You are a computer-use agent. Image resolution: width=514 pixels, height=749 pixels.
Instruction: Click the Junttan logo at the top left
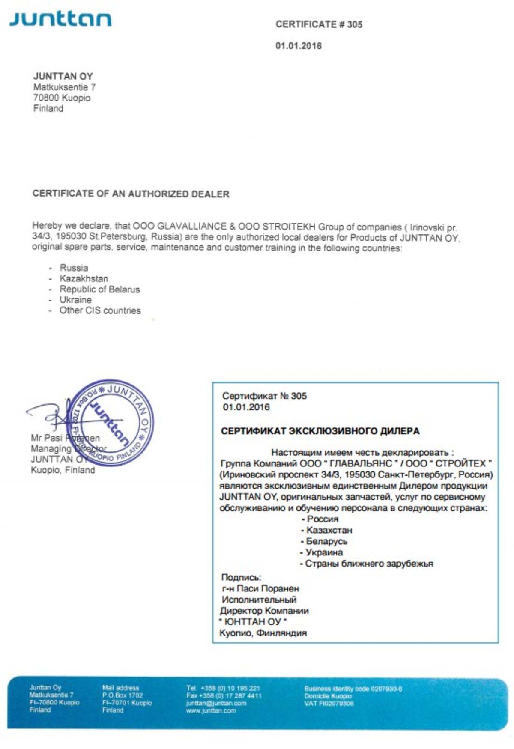tap(60, 19)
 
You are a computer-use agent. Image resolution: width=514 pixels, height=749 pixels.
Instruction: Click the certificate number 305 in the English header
tap(355, 24)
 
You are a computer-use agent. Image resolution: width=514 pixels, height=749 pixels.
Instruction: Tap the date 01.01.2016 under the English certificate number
tap(298, 46)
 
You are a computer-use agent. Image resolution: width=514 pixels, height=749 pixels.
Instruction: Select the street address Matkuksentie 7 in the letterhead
tap(64, 87)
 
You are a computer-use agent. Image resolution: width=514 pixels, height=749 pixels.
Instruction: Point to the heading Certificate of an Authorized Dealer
tap(131, 194)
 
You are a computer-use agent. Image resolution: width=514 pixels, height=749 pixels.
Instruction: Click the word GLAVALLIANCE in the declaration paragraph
tap(191, 226)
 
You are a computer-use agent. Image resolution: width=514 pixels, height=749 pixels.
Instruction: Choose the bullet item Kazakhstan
tap(84, 278)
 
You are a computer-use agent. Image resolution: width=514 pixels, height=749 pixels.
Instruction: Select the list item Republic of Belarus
tap(99, 289)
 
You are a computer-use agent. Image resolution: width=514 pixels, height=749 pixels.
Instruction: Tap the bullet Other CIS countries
tap(100, 310)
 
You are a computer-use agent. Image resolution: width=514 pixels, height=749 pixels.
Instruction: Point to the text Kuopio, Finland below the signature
tap(63, 470)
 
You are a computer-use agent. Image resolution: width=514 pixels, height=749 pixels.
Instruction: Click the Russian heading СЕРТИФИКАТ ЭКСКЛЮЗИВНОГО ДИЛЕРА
tap(320, 431)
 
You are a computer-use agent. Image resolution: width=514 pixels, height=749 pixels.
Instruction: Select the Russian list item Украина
tap(324, 552)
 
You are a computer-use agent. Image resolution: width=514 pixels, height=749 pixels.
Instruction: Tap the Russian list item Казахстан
tap(329, 530)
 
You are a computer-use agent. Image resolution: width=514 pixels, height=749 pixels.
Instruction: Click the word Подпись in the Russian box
tap(241, 577)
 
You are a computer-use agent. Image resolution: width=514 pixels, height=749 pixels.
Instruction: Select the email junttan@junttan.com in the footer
tap(216, 703)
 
